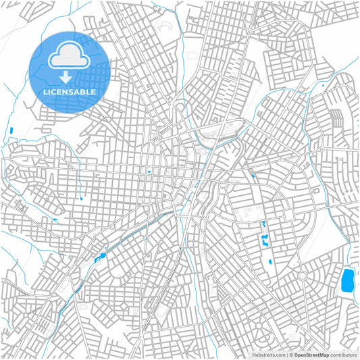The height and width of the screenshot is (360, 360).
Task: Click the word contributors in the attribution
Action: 343,354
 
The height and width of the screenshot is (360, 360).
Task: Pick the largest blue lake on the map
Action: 348,280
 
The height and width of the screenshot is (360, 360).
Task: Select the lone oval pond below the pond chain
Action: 271,261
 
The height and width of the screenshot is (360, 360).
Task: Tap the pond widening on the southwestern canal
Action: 102,255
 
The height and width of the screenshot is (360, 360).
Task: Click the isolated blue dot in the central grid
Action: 149,172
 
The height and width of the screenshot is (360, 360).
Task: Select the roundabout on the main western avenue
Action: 42,157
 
